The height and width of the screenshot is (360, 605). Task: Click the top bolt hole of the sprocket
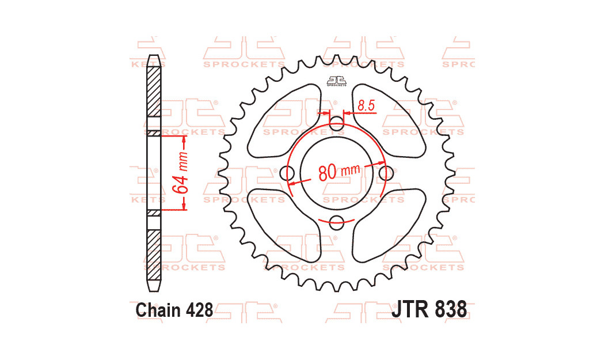337,122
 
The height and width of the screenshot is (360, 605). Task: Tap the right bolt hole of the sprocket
387,172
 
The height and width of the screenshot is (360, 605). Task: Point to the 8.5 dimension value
367,105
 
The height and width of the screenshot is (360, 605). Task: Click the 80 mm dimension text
338,172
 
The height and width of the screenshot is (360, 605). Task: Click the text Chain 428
174,310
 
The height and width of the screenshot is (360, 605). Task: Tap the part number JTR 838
429,309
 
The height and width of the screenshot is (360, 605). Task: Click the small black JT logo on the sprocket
337,81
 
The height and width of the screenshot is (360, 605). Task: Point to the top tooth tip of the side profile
154,57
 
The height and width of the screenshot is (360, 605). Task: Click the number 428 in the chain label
199,310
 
